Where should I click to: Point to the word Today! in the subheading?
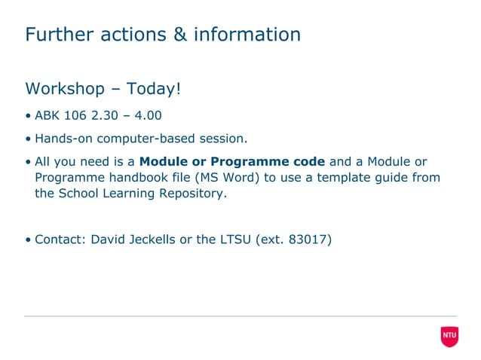(154, 89)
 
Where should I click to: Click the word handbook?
(133, 177)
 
